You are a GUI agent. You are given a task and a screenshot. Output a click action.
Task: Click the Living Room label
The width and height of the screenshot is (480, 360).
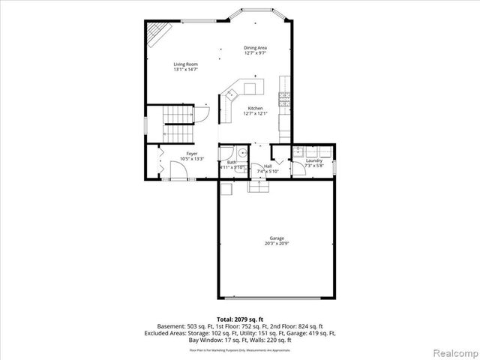184,64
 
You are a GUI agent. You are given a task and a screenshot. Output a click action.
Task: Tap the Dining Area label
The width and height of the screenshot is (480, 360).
255,48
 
